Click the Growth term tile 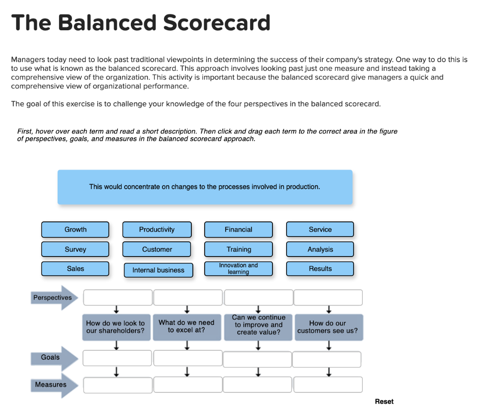coord(75,229)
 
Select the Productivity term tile coord(157,229)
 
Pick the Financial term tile coord(238,229)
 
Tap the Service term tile coord(320,229)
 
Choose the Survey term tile coord(75,249)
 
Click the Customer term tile coord(157,249)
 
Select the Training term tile coord(238,249)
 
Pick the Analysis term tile coord(320,249)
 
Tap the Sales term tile coord(75,269)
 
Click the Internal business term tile coord(159,270)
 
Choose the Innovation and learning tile coord(238,269)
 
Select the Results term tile coord(320,269)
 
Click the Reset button coord(384,402)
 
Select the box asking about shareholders coord(116,327)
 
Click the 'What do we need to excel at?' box coord(187,327)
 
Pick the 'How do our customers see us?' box coord(329,327)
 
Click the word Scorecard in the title coord(217,23)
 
